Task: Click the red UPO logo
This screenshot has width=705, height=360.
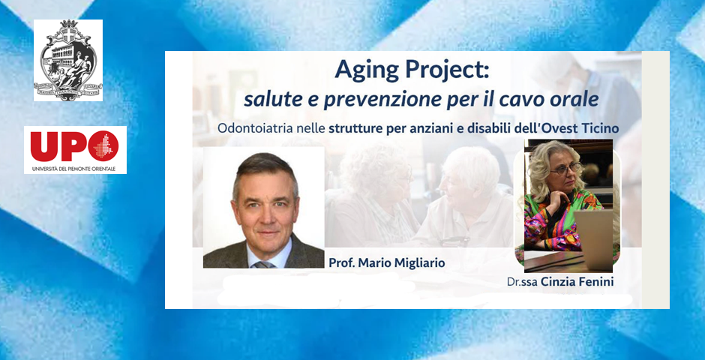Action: click(74, 145)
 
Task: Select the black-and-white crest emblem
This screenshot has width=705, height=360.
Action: click(68, 61)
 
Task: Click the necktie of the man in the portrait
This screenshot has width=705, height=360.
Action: click(263, 264)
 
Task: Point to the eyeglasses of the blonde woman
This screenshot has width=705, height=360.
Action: click(564, 169)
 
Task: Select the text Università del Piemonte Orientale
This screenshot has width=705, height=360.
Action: click(74, 169)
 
